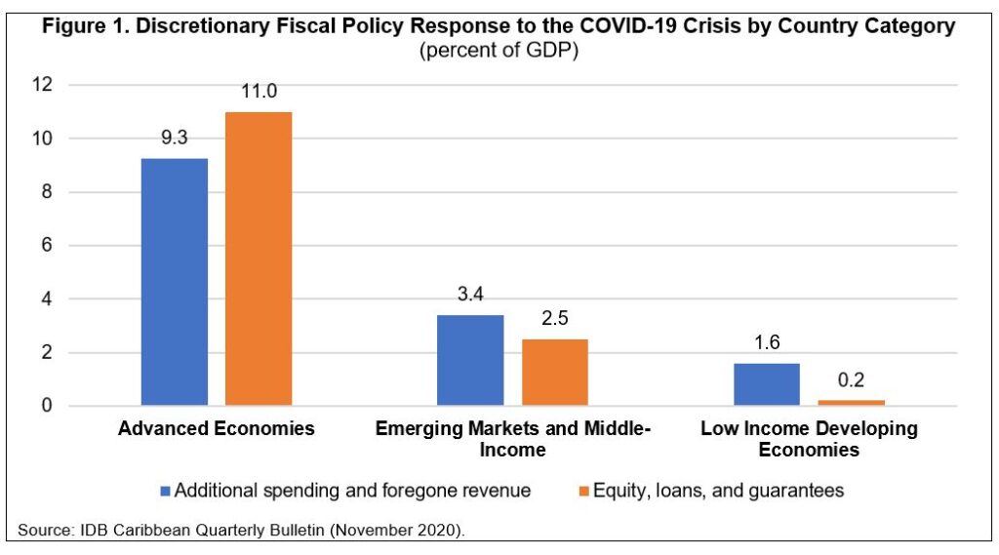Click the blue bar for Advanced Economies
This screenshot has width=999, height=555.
pos(175,282)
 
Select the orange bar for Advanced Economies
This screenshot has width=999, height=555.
pos(259,258)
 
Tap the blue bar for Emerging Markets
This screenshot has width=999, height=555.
pos(470,360)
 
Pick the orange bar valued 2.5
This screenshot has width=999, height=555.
pos(555,373)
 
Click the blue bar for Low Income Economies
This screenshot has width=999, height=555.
pos(767,384)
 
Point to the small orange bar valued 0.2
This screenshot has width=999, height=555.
pos(851,402)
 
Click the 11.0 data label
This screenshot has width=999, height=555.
pos(259,92)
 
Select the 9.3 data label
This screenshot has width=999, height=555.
pos(175,138)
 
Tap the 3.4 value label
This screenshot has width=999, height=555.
pos(470,295)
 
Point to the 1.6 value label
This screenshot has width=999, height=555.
pos(767,343)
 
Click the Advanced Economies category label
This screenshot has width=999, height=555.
pos(217,429)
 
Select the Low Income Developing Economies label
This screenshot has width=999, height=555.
pos(809,439)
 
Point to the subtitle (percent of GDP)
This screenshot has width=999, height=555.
pos(499,50)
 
